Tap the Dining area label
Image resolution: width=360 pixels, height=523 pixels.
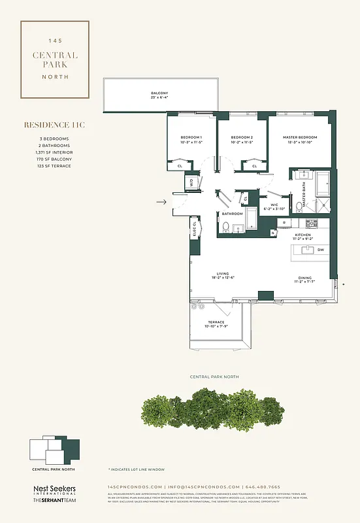pyautogui.click(x=304, y=279)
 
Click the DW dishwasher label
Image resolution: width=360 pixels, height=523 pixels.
pyautogui.click(x=320, y=250)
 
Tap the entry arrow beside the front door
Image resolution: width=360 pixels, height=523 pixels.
pyautogui.click(x=160, y=203)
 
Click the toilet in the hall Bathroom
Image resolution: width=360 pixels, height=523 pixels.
pyautogui.click(x=225, y=227)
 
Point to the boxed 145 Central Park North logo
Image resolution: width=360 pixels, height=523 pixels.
pyautogui.click(x=55, y=59)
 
